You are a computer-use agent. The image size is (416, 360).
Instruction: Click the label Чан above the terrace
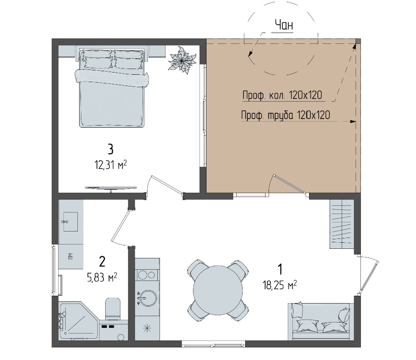283,25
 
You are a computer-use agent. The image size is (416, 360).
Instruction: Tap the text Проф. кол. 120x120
282,95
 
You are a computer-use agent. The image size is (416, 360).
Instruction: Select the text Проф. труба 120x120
286,115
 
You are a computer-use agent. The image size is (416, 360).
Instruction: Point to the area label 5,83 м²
102,277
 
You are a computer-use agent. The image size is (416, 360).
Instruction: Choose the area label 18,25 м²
280,285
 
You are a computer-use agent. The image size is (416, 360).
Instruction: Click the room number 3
110,149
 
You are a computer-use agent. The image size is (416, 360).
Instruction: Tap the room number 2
102,261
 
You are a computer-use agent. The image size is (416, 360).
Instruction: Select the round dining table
218,290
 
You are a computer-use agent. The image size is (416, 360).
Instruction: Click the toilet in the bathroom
113,309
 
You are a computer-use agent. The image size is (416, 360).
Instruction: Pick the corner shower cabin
79,321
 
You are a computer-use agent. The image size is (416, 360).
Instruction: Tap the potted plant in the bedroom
182,61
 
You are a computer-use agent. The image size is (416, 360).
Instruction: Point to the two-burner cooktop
147,275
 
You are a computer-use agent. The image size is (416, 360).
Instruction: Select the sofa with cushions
321,321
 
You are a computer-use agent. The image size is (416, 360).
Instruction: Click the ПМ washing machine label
70,256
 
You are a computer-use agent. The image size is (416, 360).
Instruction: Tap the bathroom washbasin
70,221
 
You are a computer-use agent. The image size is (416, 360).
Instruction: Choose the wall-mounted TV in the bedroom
111,188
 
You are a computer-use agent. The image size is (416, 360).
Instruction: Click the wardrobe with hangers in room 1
342,224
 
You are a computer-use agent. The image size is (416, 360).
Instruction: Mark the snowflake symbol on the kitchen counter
147,328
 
